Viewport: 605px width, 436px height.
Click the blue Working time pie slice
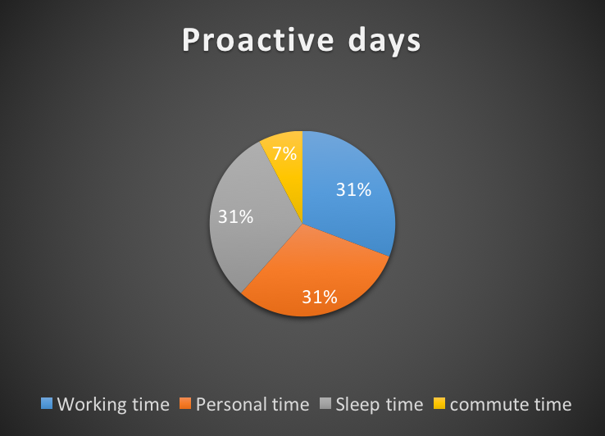(x=348, y=193)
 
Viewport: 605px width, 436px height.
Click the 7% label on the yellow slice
(x=284, y=153)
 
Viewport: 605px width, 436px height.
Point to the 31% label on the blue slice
(x=353, y=189)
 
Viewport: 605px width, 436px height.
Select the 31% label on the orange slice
(x=320, y=297)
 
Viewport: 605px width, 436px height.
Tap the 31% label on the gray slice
(x=235, y=216)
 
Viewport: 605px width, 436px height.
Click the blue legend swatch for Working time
(x=47, y=403)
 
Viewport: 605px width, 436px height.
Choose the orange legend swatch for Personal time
(x=185, y=403)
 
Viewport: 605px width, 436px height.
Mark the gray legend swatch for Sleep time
(x=325, y=403)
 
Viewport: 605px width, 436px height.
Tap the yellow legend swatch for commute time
(x=439, y=403)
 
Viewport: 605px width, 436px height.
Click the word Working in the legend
(x=92, y=405)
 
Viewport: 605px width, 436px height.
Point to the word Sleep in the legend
(x=357, y=405)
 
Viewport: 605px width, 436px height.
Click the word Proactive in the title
(x=257, y=39)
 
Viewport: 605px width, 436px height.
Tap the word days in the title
(x=384, y=42)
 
